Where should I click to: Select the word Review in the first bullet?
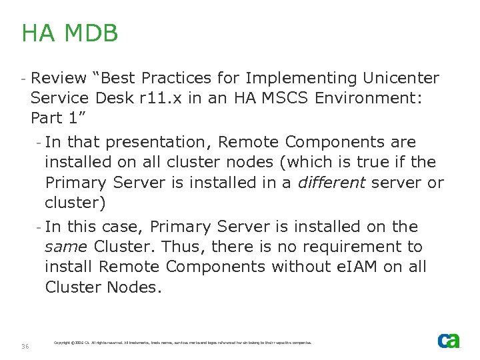pos(59,79)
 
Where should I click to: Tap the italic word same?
pos(65,247)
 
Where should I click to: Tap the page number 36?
pos(25,346)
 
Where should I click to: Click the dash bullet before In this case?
pos(39,227)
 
